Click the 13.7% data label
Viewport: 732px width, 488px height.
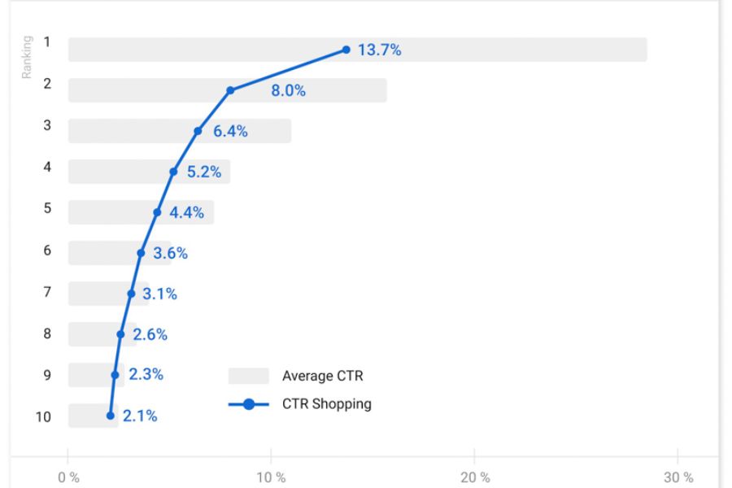point(379,50)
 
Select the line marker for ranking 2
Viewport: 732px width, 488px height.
point(230,90)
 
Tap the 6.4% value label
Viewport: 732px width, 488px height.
point(230,131)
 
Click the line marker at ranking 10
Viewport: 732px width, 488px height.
point(111,416)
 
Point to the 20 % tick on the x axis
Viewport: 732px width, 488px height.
point(474,477)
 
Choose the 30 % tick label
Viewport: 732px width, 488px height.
point(678,477)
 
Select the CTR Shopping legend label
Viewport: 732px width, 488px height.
point(327,404)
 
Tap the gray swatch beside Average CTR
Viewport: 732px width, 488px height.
point(248,376)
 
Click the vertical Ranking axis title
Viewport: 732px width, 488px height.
point(26,56)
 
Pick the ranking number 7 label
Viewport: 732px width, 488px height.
point(47,292)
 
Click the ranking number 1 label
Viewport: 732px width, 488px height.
point(47,42)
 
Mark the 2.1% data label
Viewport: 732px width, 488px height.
point(140,416)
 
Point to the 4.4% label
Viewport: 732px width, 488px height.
point(186,213)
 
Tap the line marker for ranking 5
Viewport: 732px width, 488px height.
point(157,212)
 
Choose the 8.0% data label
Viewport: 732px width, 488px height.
point(288,91)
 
